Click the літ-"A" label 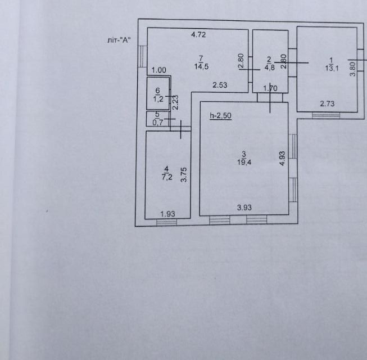tap(122, 40)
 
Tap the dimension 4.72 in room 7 tap(198, 35)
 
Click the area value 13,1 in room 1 tap(331, 69)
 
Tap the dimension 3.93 tap(244, 208)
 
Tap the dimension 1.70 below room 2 tap(270, 87)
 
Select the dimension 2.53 tap(219, 85)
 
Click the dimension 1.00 tap(159, 70)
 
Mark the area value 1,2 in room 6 tap(158, 100)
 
